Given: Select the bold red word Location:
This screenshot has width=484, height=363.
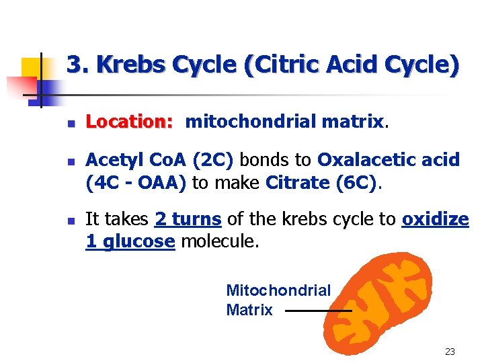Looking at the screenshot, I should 130,122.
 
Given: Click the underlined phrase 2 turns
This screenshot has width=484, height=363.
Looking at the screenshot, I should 188,219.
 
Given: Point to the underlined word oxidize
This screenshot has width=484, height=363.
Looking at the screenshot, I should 435,219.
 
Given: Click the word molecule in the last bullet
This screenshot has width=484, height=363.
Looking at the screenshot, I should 218,242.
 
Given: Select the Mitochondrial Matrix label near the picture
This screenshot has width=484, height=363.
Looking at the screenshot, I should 278,300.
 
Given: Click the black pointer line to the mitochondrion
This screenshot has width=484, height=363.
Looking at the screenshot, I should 317,311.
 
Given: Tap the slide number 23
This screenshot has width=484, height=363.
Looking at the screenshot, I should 450,352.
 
